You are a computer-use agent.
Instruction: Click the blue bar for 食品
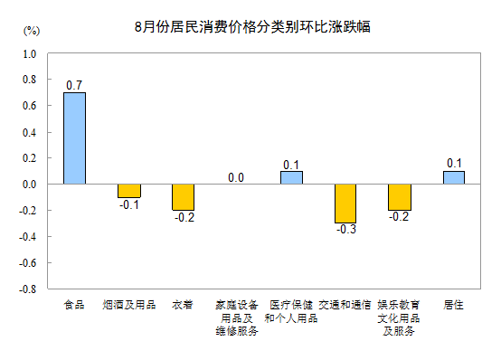click(x=74, y=137)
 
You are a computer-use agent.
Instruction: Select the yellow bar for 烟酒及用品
click(x=128, y=190)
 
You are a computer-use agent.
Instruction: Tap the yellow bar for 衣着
click(x=183, y=196)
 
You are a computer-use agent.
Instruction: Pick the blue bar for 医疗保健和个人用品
click(x=291, y=177)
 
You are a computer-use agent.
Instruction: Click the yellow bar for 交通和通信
click(x=345, y=203)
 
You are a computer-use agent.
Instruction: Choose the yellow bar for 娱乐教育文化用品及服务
click(x=399, y=196)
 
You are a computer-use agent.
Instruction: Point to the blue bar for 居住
click(x=454, y=177)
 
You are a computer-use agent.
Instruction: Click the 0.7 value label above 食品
click(x=74, y=85)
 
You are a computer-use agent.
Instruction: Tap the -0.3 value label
click(x=345, y=230)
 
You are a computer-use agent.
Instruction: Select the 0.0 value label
click(x=236, y=177)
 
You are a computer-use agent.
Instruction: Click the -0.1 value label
click(x=128, y=204)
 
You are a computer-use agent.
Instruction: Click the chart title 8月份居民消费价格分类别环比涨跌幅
click(x=252, y=27)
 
